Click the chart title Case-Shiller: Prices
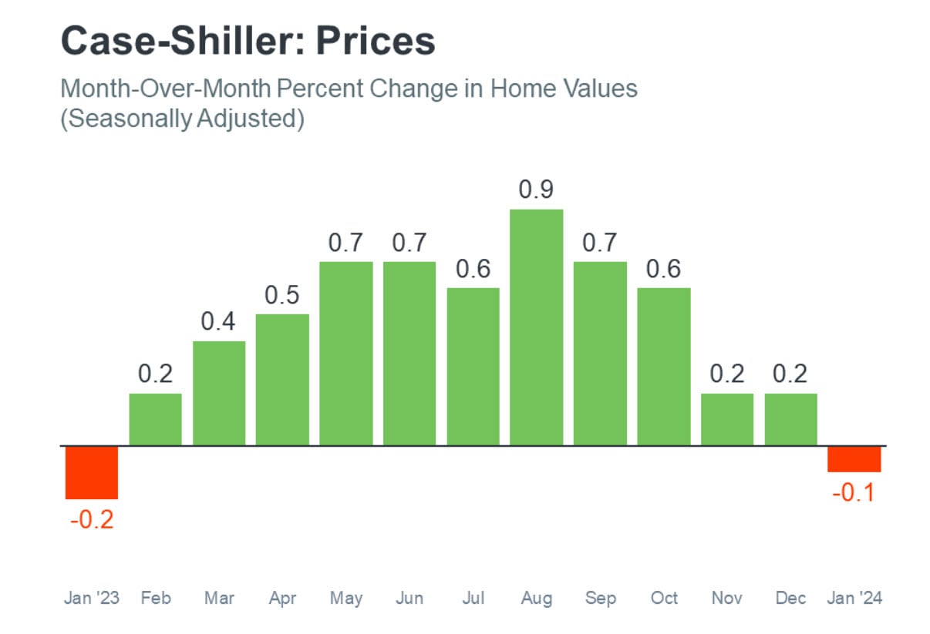pos(248,41)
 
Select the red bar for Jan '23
pos(91,472)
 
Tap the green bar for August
pos(536,327)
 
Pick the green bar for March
pos(219,393)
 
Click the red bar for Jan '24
pos(854,459)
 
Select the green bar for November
pos(727,419)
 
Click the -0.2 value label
pos(91,520)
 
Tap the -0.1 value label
pos(854,493)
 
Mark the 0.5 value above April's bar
pos(282,296)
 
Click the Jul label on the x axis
pos(473,598)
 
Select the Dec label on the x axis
pos(790,598)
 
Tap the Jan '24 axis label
pos(854,598)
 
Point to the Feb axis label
pos(156,598)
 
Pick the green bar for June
pos(409,353)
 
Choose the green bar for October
pos(664,366)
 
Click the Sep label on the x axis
pos(600,598)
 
